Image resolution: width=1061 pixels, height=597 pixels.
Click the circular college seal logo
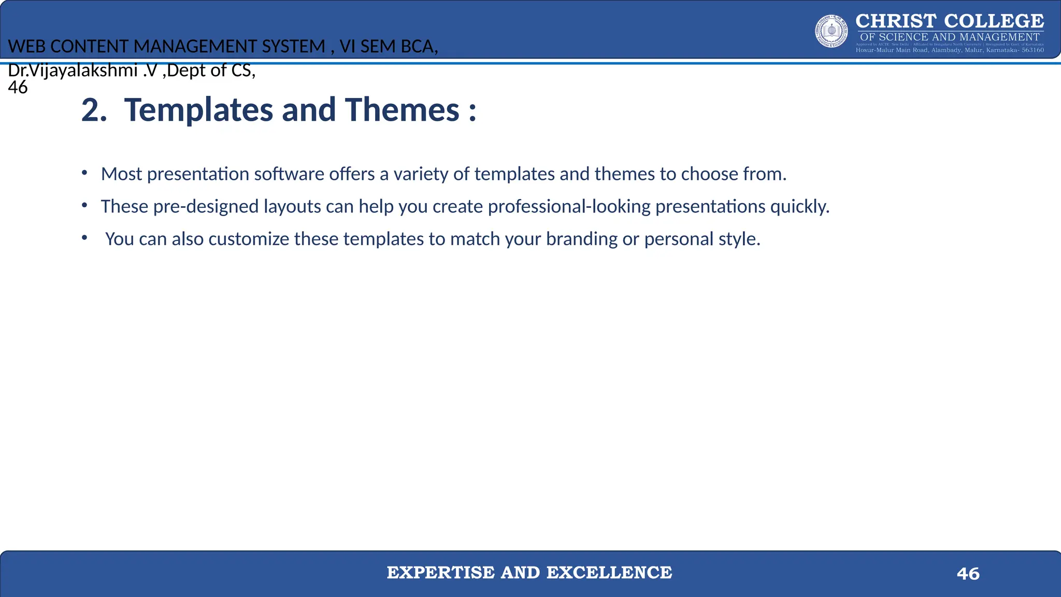tap(831, 31)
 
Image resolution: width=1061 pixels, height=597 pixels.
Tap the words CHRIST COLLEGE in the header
tap(950, 21)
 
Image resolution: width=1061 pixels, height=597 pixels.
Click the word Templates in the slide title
tap(198, 110)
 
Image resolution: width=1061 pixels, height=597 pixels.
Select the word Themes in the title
tap(403, 110)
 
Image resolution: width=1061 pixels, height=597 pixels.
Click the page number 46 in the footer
tap(968, 574)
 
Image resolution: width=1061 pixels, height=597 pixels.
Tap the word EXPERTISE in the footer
tap(440, 573)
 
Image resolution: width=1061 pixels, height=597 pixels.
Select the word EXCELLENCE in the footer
tap(609, 573)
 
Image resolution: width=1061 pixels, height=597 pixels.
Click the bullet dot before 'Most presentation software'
tap(84, 173)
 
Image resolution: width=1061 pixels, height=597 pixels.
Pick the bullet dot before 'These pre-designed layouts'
tap(84, 206)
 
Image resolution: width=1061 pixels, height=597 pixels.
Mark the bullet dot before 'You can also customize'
tap(84, 238)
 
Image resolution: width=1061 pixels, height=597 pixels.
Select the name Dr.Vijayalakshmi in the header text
tap(73, 70)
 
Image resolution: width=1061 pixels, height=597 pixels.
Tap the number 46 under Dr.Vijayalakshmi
tap(18, 87)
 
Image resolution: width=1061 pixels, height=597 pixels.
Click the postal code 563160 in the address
tap(1033, 50)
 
